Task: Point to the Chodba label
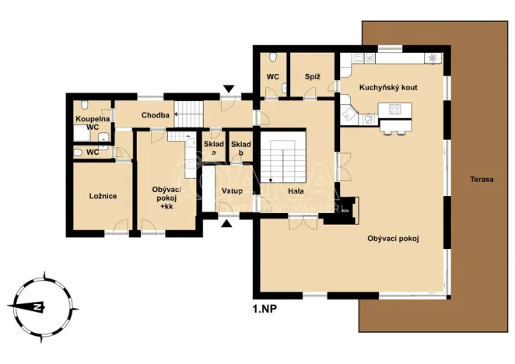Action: coord(156,116)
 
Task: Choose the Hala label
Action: coord(296,191)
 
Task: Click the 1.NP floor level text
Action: coord(265,309)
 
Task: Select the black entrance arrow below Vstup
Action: coord(227,224)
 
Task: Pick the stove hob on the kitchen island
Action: coord(396,109)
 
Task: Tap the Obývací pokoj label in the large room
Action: coord(393,239)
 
